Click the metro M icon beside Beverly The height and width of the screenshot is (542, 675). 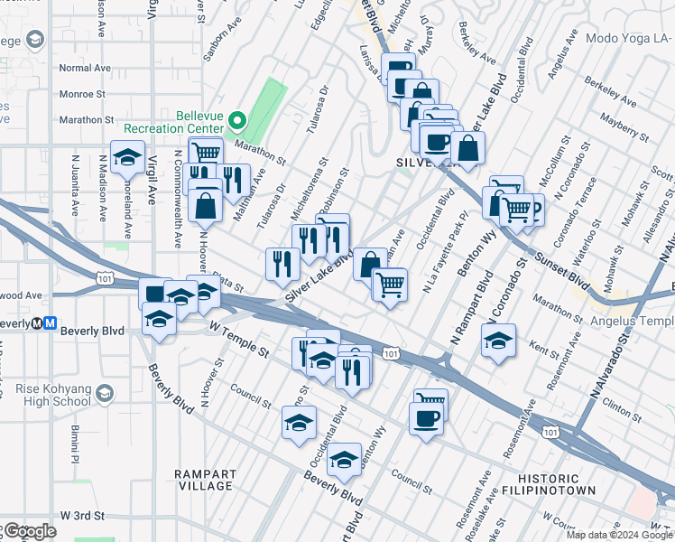click(51, 322)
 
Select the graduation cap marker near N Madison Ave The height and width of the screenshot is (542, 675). click(128, 157)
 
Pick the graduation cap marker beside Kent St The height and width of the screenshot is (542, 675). click(497, 341)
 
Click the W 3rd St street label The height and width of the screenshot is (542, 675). click(84, 515)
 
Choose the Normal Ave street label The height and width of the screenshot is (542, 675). click(84, 68)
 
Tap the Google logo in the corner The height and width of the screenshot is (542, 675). click(29, 531)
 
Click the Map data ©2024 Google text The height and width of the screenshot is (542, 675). click(619, 535)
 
